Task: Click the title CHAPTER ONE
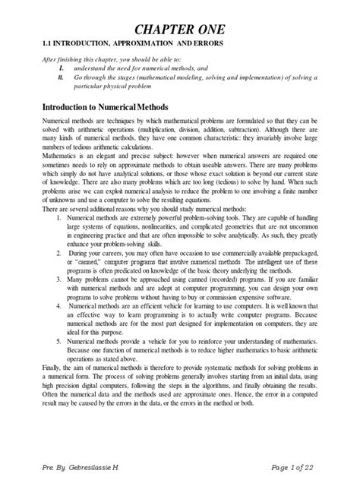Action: point(179,30)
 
